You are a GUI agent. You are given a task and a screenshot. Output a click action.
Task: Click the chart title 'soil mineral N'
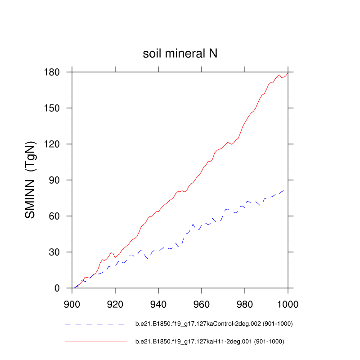180,54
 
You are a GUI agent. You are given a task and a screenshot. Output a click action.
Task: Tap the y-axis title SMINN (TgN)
31,180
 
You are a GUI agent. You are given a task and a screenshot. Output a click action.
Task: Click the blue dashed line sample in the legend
94,324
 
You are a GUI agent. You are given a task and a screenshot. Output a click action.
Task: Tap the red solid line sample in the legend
96,342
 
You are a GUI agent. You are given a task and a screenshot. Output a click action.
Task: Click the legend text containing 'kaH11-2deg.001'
210,342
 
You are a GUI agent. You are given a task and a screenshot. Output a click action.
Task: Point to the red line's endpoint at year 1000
288,73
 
